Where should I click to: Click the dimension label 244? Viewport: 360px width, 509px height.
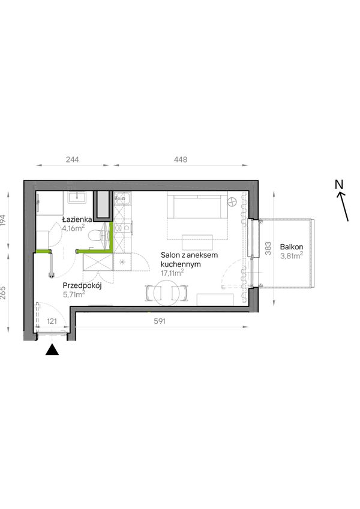[72, 159]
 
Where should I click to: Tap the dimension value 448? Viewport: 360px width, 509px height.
[181, 159]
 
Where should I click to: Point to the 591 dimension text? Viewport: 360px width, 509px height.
[160, 321]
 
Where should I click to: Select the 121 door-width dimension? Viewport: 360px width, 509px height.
[52, 321]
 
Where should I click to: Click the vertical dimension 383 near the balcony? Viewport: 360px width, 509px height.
[268, 249]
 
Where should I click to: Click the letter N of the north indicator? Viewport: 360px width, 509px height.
[339, 185]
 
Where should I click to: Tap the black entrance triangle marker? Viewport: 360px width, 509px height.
[52, 350]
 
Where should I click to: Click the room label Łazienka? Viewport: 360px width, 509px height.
[77, 220]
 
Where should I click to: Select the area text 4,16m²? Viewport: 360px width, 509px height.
[73, 228]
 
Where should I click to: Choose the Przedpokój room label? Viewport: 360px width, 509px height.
[83, 286]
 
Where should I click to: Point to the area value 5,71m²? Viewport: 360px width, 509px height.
[74, 294]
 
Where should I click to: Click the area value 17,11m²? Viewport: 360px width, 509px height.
[172, 273]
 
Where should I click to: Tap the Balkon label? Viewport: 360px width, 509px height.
[292, 247]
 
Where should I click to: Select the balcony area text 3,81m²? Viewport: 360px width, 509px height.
[292, 256]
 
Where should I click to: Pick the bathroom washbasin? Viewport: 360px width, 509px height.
[77, 197]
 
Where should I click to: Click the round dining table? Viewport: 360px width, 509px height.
[166, 293]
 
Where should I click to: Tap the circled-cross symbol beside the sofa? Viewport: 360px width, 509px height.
[232, 202]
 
